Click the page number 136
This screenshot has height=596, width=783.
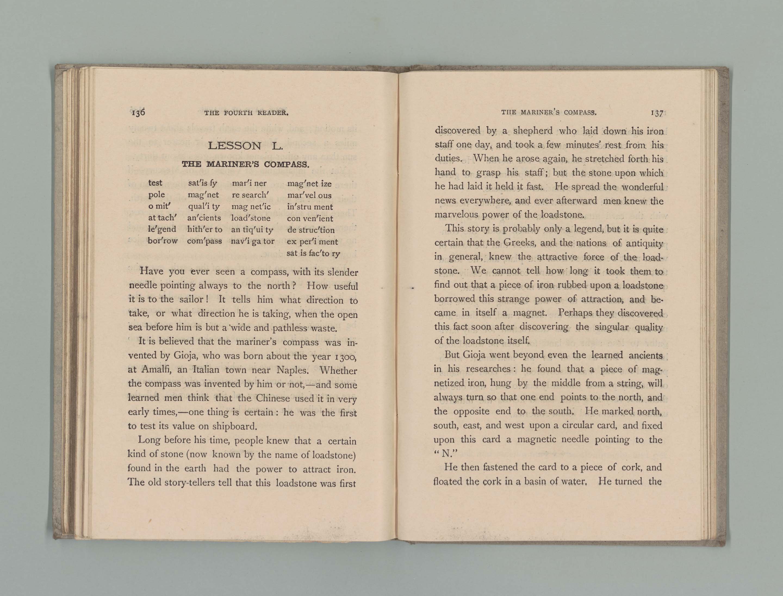click(x=138, y=113)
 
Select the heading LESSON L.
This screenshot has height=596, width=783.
click(x=245, y=145)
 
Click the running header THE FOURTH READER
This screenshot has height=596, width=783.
click(x=246, y=113)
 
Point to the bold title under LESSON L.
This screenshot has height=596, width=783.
click(x=246, y=164)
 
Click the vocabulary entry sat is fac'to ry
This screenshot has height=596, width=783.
click(x=313, y=253)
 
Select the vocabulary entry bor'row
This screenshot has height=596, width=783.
click(x=163, y=241)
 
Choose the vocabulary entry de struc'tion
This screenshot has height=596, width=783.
click(x=311, y=230)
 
